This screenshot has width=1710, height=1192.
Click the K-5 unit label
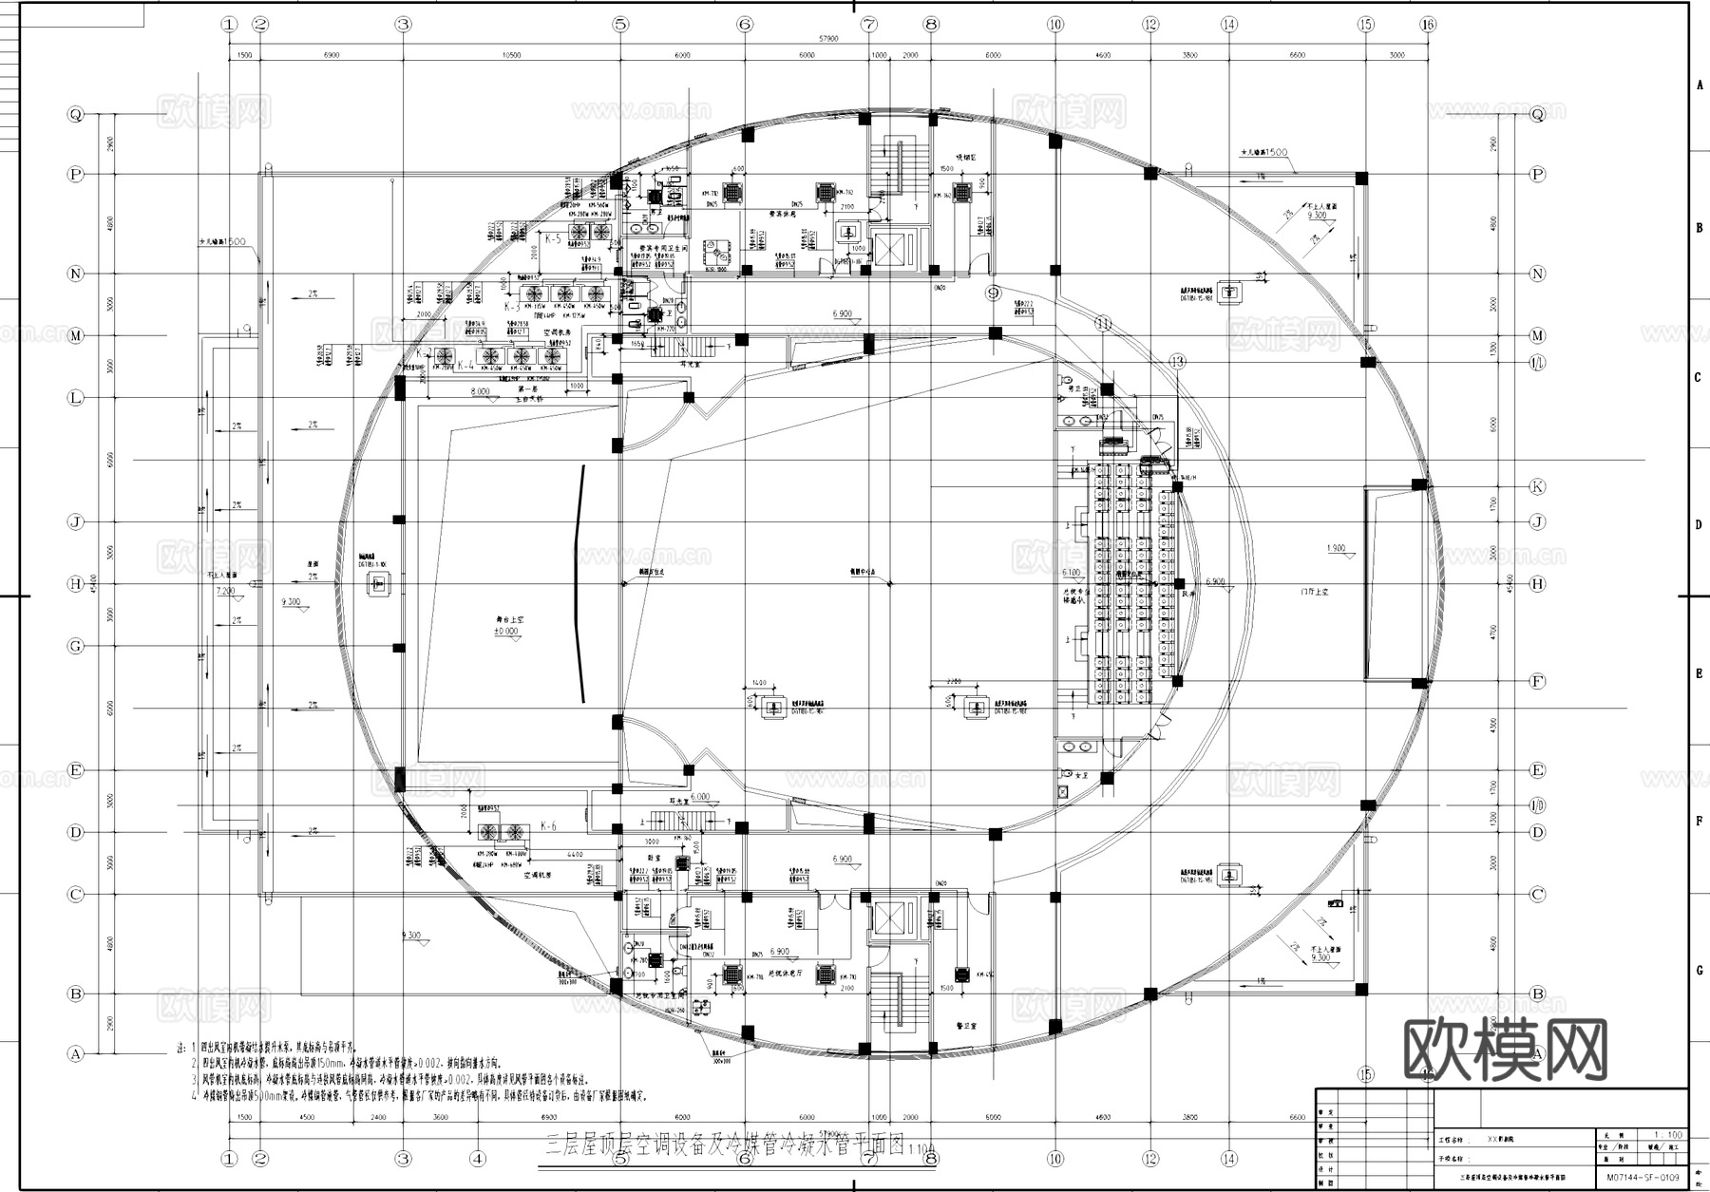[553, 239]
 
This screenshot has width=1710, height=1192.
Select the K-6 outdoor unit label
[548, 825]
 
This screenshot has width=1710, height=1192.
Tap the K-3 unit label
[512, 307]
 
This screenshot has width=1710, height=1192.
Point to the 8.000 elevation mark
[480, 391]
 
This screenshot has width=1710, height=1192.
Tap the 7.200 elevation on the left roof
[226, 591]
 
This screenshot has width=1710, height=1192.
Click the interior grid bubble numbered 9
[993, 293]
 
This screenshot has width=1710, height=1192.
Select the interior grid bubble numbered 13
[1177, 361]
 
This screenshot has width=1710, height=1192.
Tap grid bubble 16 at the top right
[1427, 25]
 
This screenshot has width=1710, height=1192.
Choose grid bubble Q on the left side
[76, 114]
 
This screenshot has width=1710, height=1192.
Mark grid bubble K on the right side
[1537, 486]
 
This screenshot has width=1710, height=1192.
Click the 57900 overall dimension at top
[828, 40]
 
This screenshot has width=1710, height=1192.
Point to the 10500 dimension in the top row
[511, 56]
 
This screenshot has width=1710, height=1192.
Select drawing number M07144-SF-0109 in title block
[1643, 1178]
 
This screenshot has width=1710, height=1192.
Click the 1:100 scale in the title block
[1667, 1134]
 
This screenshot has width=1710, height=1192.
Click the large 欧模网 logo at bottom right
[1505, 1049]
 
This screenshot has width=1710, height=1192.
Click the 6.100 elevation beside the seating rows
[1071, 573]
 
